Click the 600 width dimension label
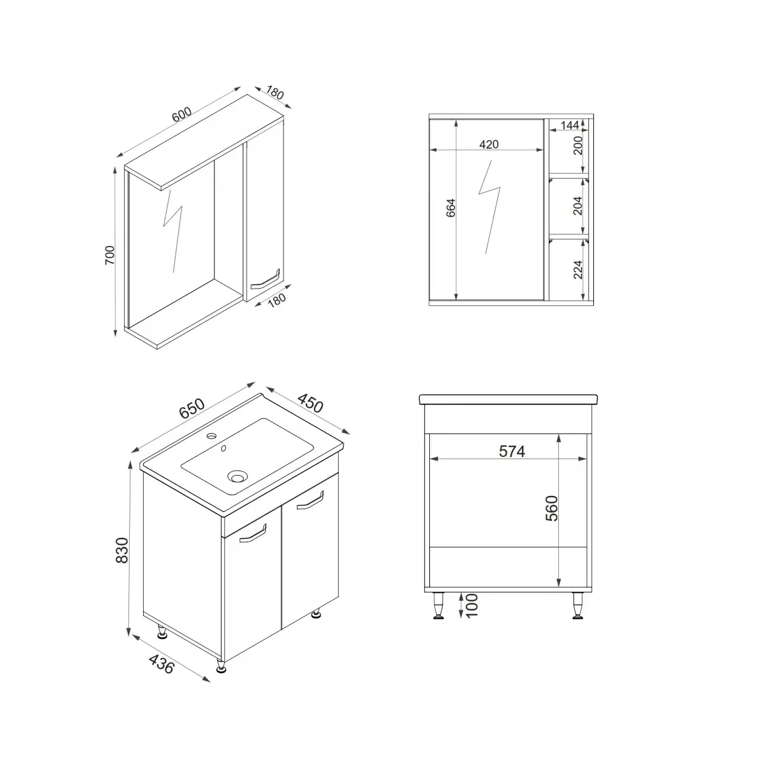click(x=181, y=116)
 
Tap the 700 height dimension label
click(x=109, y=255)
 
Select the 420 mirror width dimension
click(x=488, y=144)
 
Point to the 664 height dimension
click(x=451, y=209)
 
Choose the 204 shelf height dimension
click(x=577, y=206)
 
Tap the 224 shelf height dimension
click(x=577, y=269)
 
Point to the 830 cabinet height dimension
click(x=123, y=551)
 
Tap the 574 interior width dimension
click(x=512, y=451)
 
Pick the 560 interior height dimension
click(x=552, y=508)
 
